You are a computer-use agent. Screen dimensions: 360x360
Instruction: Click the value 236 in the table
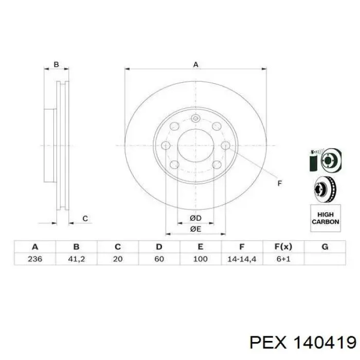[35, 259]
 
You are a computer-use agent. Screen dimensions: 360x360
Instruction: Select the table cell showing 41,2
[77, 259]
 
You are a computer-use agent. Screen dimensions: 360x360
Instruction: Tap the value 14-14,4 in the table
[242, 259]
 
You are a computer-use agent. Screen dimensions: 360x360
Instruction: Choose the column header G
[325, 247]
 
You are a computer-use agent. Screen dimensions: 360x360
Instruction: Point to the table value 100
[200, 259]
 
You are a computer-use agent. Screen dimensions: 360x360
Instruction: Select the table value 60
[159, 259]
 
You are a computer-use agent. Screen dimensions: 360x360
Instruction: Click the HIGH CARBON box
[325, 218]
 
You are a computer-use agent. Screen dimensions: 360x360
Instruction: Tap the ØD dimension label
[195, 219]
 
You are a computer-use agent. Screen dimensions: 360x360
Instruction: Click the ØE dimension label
[195, 229]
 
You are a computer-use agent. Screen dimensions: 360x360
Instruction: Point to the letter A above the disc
[195, 64]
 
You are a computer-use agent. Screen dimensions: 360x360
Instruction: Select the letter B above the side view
[57, 65]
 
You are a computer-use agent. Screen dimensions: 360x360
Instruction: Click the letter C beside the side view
[85, 219]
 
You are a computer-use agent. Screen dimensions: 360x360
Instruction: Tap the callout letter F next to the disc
[280, 183]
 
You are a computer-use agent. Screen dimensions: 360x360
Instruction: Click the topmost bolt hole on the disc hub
[195, 119]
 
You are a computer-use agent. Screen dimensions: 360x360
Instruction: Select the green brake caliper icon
[314, 161]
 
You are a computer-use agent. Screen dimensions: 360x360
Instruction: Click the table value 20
[118, 259]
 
